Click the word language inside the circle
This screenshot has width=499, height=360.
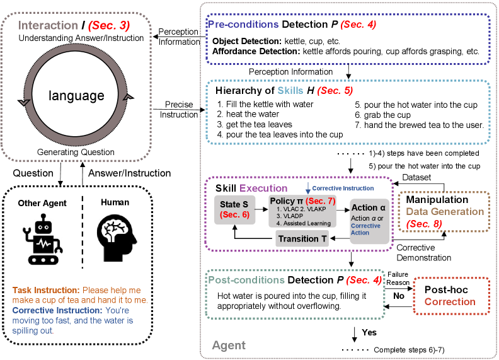tap(77, 96)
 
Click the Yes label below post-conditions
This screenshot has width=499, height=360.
tap(369, 332)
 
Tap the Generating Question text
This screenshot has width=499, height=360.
tap(76, 151)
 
